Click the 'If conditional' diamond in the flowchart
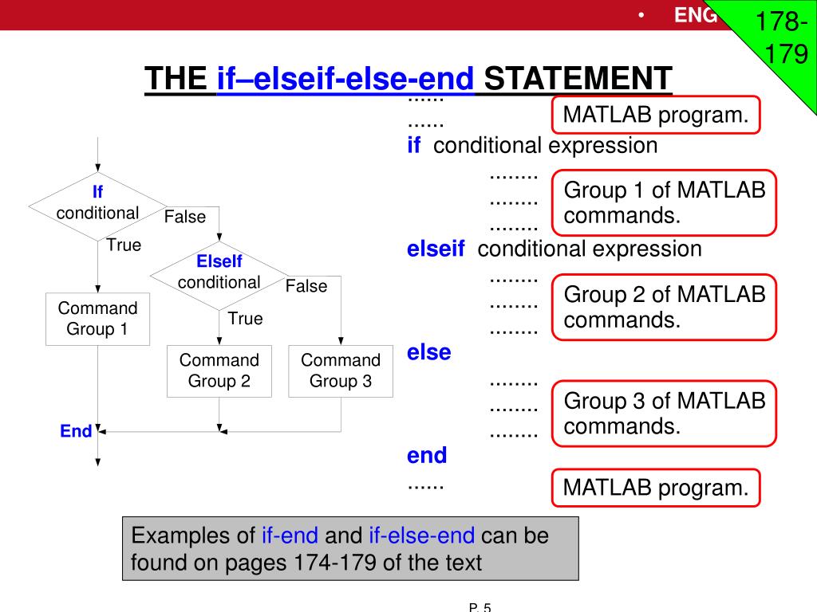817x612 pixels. coord(97,204)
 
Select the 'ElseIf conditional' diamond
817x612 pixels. coord(219,273)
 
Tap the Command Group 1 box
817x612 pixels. coord(97,319)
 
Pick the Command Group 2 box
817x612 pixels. coord(219,371)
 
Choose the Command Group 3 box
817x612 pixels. coord(341,371)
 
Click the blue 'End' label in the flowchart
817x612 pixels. coord(76,431)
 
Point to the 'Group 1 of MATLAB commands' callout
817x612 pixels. coord(664,202)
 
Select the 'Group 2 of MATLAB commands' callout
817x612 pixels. coord(664,307)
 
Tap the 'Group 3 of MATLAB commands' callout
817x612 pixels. coord(664,412)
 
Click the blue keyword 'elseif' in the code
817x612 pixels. coord(436,249)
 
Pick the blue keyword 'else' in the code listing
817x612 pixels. coord(428,352)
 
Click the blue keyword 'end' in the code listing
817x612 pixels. coord(427,456)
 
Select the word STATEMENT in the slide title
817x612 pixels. coord(578,79)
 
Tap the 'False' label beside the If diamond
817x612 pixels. coord(185,217)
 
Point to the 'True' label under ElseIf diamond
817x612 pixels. coord(245,319)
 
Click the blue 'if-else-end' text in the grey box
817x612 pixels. coord(421,535)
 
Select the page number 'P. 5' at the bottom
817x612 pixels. coord(480,607)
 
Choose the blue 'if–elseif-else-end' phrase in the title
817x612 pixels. coord(345,79)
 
